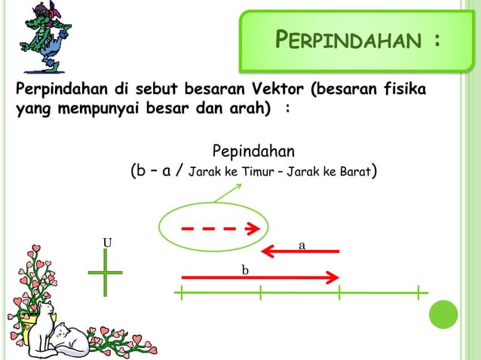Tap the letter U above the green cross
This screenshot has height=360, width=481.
107,243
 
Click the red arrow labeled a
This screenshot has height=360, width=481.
300,251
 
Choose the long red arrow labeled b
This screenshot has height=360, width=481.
256,277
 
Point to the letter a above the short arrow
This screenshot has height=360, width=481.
302,245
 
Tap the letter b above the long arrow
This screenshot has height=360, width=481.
245,269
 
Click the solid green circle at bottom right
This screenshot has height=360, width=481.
443,315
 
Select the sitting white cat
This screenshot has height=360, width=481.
42,320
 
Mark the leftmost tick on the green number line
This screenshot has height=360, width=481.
182,292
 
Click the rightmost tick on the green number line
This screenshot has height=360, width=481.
420,292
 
